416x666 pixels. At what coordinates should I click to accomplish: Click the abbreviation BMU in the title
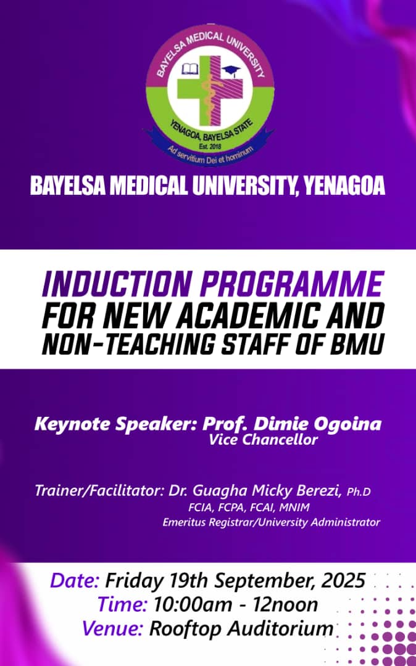click(357, 345)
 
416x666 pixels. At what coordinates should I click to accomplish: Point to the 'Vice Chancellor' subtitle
click(263, 440)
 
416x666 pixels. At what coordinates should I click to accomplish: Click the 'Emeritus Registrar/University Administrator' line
click(271, 522)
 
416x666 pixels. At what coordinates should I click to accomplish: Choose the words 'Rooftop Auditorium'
click(241, 629)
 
